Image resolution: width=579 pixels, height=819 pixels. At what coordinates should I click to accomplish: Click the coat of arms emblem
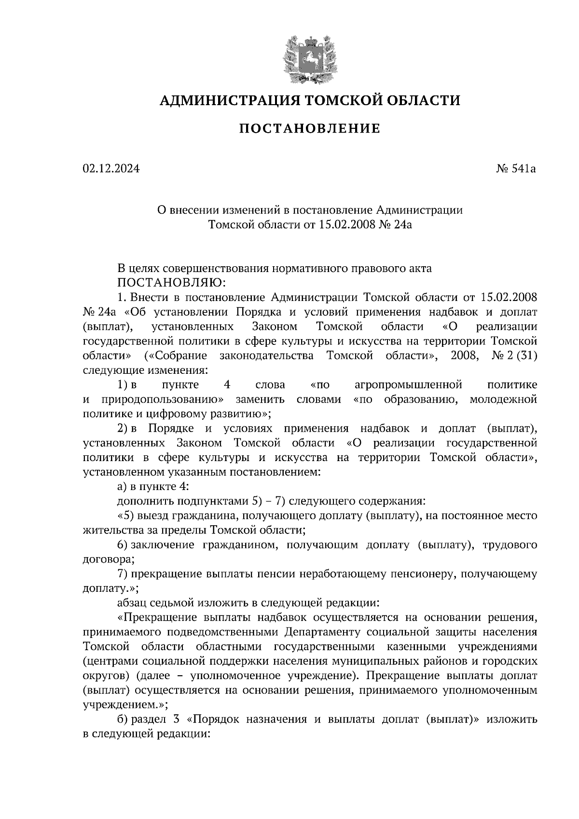(309, 57)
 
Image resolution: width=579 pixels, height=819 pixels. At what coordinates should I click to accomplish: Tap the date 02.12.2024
(111, 169)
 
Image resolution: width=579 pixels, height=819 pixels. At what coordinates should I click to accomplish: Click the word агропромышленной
(408, 385)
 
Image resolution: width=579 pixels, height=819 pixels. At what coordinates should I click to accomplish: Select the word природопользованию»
(163, 399)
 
